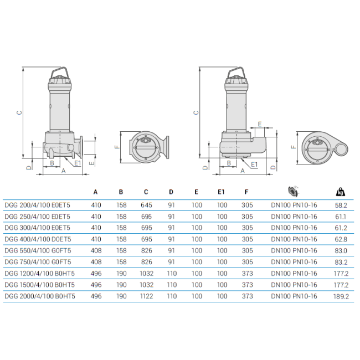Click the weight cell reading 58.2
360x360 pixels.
341,205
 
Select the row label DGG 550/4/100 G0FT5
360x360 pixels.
38,251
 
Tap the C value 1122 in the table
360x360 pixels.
146,296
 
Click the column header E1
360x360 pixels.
221,192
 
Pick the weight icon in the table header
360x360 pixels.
341,192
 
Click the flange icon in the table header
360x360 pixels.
294,192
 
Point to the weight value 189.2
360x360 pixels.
341,296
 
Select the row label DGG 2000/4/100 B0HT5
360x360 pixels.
40,296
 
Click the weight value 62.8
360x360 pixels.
341,239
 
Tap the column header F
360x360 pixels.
246,192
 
